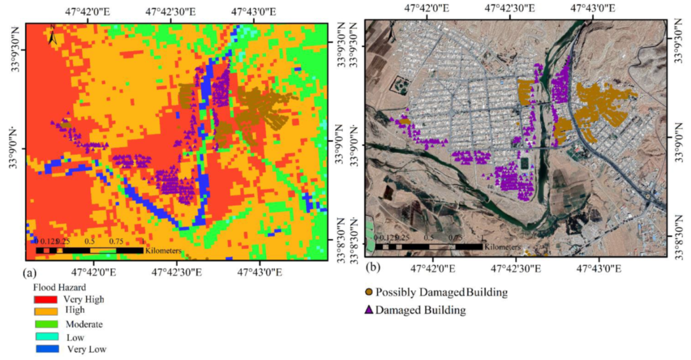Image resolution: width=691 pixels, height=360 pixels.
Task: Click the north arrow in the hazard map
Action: [x=53, y=36]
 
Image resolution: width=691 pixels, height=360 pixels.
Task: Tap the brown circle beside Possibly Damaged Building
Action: [x=369, y=292]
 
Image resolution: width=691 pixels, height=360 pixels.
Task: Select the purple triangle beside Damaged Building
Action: [x=369, y=310]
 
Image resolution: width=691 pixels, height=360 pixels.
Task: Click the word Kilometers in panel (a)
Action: [x=163, y=251]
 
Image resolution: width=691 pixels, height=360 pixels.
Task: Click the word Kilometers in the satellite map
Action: [x=502, y=247]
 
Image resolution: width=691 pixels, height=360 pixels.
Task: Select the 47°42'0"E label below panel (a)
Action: [x=94, y=273]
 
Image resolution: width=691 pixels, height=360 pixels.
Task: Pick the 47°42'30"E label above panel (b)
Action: [x=509, y=9]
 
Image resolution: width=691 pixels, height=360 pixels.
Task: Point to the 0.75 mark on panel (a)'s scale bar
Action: [x=115, y=242]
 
